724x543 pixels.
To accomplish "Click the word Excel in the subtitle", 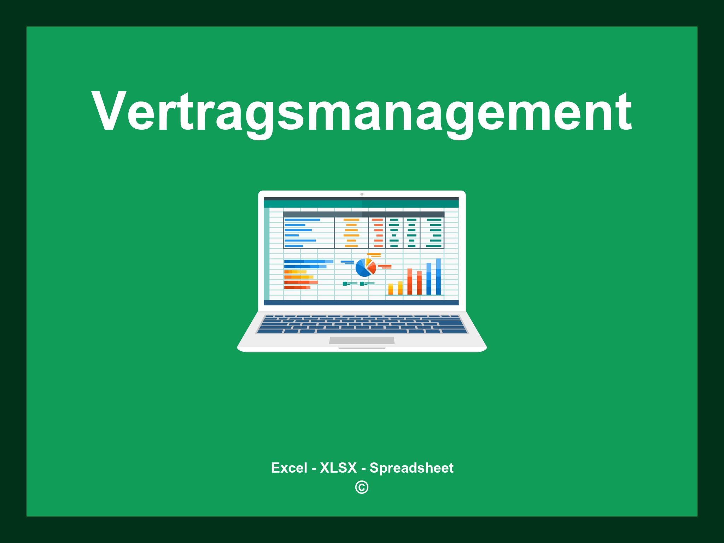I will (289, 468).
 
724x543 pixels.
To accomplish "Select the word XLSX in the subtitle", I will (338, 468).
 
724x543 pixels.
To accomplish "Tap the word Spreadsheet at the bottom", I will (411, 468).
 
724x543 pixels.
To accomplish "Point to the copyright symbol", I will (362, 487).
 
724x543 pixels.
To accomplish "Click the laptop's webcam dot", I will (362, 194).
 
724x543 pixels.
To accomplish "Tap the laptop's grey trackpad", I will (362, 340).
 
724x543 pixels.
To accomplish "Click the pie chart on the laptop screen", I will (365, 268).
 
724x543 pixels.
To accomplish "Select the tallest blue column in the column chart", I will (438, 276).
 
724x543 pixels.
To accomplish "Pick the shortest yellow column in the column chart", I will (391, 289).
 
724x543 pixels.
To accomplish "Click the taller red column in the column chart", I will (410, 281).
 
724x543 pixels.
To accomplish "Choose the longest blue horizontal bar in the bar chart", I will (308, 262).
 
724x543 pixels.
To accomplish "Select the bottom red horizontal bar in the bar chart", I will (297, 287).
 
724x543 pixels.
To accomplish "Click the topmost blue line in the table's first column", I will (302, 220).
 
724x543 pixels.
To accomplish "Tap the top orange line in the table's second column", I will (351, 220).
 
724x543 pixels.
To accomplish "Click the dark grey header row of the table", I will (363, 214).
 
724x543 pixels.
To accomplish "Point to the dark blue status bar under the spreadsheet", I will (361, 303).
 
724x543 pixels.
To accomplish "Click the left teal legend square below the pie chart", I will (345, 284).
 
